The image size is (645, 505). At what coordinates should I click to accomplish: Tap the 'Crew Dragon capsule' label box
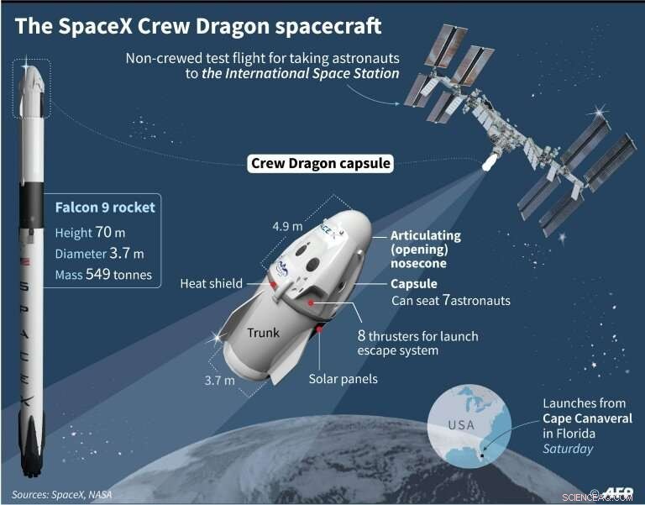pos(321,163)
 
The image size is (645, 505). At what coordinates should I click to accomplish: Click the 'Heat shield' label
pos(211,284)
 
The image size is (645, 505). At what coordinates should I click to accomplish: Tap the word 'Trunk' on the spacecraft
pos(263,334)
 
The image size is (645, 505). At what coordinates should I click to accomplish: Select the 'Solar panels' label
pos(342,379)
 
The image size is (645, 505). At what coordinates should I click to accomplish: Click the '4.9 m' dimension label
pos(286,226)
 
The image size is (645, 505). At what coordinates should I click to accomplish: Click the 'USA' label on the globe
pos(460,423)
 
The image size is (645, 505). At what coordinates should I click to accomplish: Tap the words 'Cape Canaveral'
pos(588,418)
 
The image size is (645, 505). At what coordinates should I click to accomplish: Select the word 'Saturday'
pos(568,449)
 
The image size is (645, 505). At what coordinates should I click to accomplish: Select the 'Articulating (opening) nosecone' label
pos(426,250)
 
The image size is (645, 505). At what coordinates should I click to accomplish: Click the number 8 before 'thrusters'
pos(363,336)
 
